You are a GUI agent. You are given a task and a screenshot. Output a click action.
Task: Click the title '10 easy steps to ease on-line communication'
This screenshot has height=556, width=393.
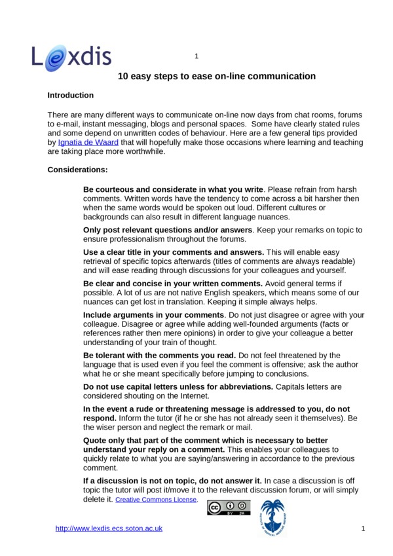click(x=217, y=77)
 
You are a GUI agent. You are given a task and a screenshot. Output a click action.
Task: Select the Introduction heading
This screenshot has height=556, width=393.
click(x=71, y=96)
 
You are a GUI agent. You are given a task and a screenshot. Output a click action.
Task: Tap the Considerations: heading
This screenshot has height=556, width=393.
click(x=78, y=170)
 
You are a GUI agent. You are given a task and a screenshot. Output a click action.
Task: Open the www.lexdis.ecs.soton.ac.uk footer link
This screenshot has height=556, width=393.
click(x=109, y=528)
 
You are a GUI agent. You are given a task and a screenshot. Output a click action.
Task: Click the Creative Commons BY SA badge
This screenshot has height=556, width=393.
click(x=229, y=508)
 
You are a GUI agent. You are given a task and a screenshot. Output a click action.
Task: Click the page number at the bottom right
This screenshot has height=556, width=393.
click(x=362, y=528)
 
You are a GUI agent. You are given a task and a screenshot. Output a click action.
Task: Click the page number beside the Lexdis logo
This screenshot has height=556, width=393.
click(x=196, y=56)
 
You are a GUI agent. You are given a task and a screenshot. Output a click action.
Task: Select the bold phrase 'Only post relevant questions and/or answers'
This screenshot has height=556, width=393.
click(x=168, y=231)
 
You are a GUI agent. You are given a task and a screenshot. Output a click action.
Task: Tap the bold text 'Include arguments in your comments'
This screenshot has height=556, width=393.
click(x=154, y=316)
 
